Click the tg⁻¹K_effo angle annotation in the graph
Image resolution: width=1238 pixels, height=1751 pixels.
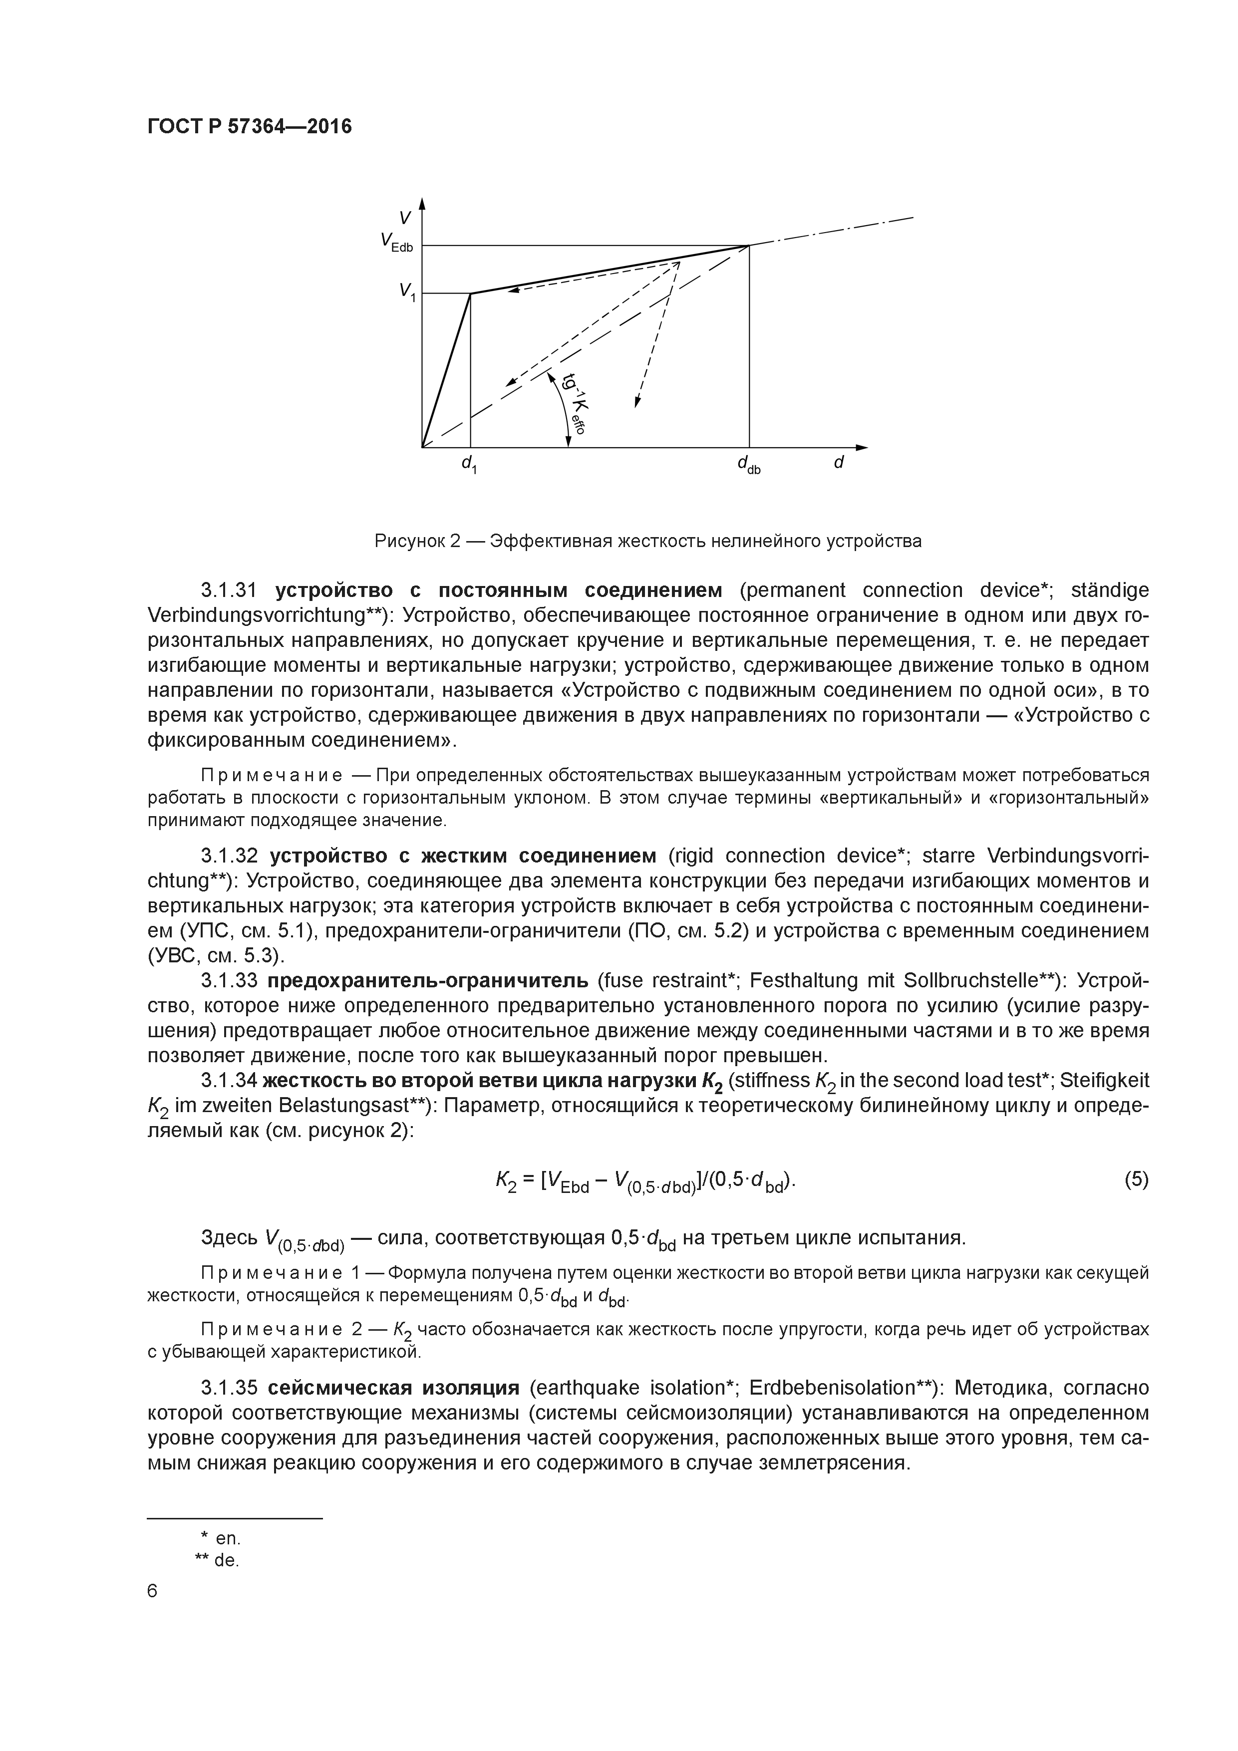pyautogui.click(x=573, y=404)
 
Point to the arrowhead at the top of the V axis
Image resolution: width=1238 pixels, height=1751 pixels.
pyautogui.click(x=422, y=202)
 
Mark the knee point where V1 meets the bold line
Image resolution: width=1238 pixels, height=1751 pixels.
pyautogui.click(x=470, y=293)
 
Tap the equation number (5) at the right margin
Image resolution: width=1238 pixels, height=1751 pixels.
pyautogui.click(x=1136, y=1180)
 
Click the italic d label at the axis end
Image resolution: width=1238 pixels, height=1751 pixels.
pyautogui.click(x=838, y=462)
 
